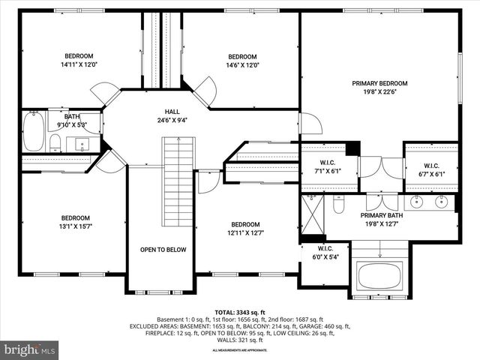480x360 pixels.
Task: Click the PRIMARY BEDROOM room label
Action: [379, 83]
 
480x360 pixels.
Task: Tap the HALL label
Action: [172, 111]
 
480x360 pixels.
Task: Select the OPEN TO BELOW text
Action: [163, 250]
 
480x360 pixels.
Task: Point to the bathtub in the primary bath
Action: [381, 275]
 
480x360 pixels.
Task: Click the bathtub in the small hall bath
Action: [34, 133]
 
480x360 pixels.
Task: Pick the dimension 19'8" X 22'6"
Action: [379, 93]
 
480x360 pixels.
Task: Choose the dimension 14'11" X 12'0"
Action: [78, 65]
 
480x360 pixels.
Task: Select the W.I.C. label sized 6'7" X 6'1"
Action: [431, 166]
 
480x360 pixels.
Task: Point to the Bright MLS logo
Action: [30, 349]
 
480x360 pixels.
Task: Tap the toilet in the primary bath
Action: [338, 203]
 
